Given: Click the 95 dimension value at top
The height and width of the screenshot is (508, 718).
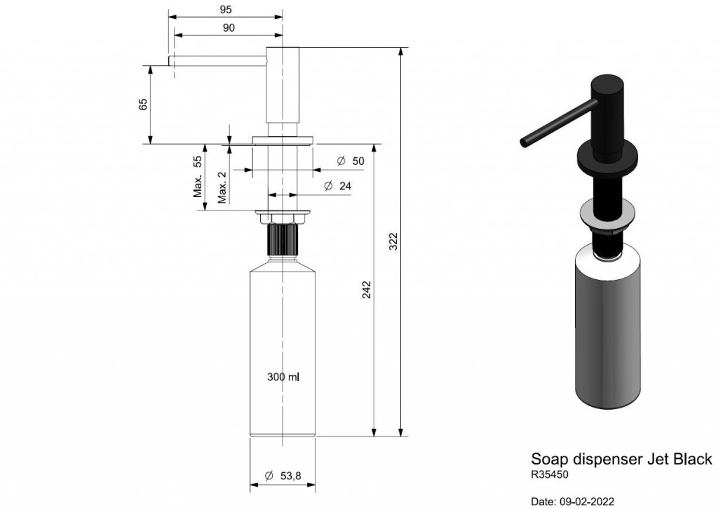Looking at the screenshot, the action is pos(226,9).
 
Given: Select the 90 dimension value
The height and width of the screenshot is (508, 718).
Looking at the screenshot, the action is pos(229,28).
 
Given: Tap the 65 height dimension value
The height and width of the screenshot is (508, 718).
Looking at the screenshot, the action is pos(143,105).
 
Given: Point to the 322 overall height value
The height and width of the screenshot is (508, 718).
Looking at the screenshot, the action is pos(393,241).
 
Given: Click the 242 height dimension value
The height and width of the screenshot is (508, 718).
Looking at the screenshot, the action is pos(367,290).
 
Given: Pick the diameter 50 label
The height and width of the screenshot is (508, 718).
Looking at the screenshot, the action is pos(351,161).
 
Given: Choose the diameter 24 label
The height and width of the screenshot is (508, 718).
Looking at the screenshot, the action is pos(337,185).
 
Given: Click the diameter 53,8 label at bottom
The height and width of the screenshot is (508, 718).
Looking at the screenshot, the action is pos(283,476).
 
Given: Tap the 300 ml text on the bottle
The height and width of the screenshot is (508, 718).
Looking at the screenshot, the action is pos(283,377).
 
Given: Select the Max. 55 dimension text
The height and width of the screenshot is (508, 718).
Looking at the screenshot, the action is pos(197,176).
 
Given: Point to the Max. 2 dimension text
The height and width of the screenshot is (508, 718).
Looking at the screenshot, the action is pos(222,187).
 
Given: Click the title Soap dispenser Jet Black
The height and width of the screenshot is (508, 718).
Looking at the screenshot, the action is pos(621,458).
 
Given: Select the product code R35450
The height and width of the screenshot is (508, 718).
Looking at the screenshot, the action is pos(550,474).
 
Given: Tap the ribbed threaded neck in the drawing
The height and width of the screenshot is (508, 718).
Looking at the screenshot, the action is pos(283,239).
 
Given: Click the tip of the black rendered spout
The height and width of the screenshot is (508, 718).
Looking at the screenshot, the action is pos(524,142).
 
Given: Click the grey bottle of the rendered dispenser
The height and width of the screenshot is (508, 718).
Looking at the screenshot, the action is pos(607,327).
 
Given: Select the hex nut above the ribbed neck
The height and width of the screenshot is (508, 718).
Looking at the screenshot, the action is pos(283,218).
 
